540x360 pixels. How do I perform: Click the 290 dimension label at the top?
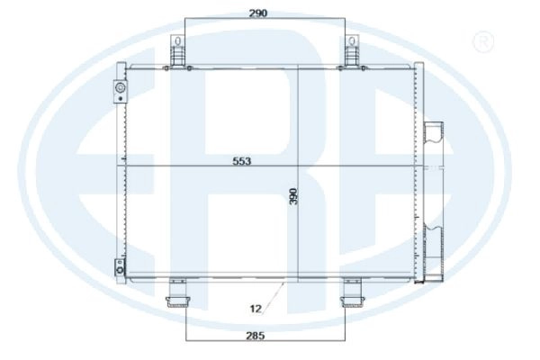(258, 13)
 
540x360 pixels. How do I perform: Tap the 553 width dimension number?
(242, 161)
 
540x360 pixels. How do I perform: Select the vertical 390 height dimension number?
(293, 197)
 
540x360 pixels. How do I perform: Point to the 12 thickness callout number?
(256, 309)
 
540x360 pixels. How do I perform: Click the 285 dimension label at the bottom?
(256, 335)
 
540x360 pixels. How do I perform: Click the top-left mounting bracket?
(177, 52)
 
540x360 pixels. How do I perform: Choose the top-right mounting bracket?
(352, 52)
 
